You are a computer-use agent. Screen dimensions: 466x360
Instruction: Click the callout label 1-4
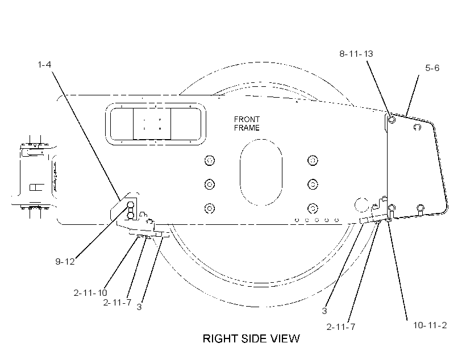pos(44,65)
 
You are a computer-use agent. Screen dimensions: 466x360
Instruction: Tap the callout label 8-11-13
pos(356,54)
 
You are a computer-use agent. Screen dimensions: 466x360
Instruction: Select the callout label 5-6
pos(432,68)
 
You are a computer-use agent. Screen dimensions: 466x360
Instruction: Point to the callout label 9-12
pos(65,261)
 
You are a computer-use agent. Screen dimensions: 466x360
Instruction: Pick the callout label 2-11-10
pos(90,293)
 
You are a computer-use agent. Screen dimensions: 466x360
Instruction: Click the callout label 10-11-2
pos(430,325)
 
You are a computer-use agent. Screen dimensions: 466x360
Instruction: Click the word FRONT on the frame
pos(247,119)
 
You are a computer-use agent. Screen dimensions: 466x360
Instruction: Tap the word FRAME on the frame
pos(247,128)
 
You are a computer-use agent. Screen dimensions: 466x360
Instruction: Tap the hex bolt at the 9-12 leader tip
pos(131,204)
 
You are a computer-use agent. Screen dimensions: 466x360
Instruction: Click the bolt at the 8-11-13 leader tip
pos(392,119)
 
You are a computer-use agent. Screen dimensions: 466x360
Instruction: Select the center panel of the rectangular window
pos(152,124)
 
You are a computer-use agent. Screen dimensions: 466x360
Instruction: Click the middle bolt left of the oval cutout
pos(210,184)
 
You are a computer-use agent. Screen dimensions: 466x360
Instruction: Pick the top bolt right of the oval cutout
pos(313,160)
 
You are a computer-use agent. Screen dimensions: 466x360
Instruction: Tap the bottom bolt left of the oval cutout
pos(210,208)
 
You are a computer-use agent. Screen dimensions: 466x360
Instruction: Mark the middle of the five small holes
pos(317,220)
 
